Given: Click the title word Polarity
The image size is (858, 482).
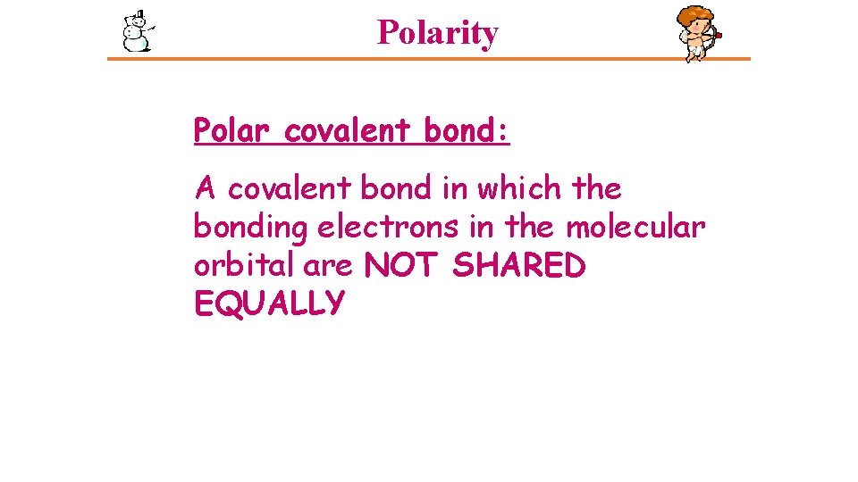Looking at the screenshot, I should (x=437, y=33).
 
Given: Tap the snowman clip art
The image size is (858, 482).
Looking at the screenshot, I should (x=136, y=31).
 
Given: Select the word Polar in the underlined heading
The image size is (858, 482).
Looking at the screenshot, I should (x=231, y=131).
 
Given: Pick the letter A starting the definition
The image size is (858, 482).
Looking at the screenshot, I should (x=206, y=189).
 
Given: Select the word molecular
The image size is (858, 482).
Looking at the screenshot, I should (x=635, y=228).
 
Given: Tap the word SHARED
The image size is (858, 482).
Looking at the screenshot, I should (x=519, y=266).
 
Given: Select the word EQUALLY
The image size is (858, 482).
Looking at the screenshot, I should (x=268, y=304).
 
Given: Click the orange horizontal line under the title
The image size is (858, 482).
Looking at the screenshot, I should (x=429, y=60).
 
